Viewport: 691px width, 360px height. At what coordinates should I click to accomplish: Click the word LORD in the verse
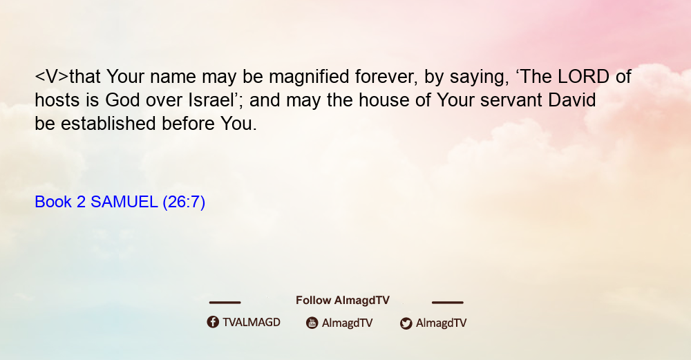(583, 77)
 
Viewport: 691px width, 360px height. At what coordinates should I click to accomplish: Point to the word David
(571, 100)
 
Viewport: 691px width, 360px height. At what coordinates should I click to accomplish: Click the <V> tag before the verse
(52, 77)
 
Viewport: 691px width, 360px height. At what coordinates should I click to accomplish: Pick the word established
(108, 124)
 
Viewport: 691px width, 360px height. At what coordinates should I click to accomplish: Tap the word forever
(386, 77)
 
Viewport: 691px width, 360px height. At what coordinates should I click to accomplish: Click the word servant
(511, 101)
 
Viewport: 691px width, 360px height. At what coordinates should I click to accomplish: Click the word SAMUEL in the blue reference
(124, 202)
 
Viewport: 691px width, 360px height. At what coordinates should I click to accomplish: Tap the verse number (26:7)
(184, 202)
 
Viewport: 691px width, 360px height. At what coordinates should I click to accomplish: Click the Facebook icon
(213, 322)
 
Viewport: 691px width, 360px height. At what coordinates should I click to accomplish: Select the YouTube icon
(312, 323)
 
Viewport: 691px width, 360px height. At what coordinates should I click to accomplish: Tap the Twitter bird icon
(406, 323)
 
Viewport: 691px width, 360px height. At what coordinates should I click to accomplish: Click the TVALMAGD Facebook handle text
(252, 323)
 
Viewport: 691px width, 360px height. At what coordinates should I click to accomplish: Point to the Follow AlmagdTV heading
(343, 301)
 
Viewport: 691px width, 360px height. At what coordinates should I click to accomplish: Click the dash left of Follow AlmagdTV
(225, 303)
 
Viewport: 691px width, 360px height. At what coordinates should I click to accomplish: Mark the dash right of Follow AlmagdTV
(447, 303)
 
